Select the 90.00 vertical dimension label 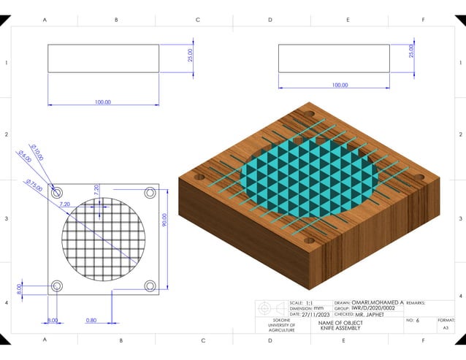[164, 219]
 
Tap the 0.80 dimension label [91, 320]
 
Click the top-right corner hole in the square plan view [150, 193]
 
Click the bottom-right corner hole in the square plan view [150, 285]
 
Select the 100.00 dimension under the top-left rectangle [102, 102]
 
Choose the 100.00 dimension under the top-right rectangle [340, 85]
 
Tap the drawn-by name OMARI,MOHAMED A [378, 302]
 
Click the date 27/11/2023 [316, 315]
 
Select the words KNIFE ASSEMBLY [340, 329]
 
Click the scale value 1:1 [310, 302]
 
